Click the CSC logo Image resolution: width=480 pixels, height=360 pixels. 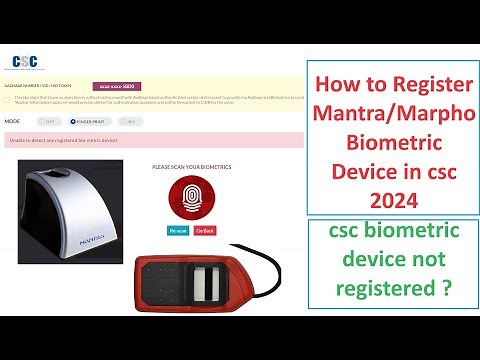(23, 60)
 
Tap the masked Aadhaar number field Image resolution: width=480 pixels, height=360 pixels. (120, 87)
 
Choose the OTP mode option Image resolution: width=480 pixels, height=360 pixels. (46, 121)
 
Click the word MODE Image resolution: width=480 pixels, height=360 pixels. (13, 121)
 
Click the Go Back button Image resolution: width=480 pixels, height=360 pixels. (204, 230)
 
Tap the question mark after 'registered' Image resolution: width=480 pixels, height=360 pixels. (440, 287)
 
